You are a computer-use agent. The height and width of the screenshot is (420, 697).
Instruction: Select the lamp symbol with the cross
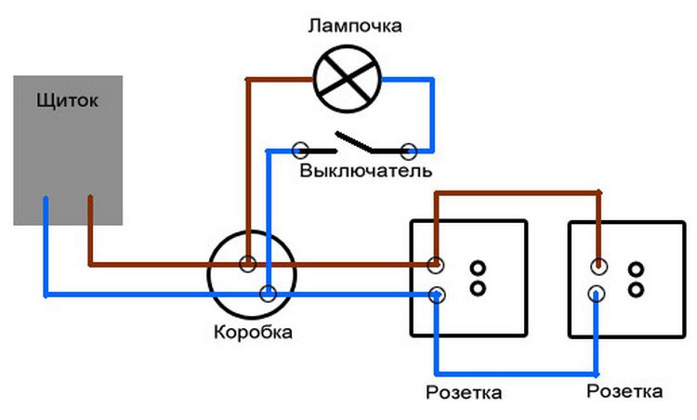pos(346,78)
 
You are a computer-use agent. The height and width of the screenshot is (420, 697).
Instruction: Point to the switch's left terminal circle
pos(300,149)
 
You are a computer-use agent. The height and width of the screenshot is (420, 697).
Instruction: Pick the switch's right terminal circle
pos(407,149)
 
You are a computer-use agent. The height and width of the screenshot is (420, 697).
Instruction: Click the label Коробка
pos(251,332)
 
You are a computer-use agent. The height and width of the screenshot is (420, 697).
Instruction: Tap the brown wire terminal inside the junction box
pos(248,264)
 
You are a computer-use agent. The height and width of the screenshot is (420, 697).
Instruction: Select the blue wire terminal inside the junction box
pos(268,295)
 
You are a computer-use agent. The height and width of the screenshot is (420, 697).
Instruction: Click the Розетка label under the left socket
pos(463,392)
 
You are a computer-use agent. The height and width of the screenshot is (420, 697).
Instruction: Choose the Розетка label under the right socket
pos(625,389)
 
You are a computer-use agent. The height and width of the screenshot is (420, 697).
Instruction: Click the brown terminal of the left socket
pos(436,265)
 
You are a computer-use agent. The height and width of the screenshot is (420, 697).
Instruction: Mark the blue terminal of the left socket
pos(436,296)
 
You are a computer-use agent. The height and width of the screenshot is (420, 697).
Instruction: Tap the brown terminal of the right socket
pos(598,267)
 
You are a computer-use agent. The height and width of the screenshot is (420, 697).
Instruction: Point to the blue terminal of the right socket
pos(598,295)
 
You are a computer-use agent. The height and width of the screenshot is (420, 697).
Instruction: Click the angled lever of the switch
pos(354,141)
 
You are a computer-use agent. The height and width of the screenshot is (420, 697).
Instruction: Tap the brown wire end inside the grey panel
pos(90,201)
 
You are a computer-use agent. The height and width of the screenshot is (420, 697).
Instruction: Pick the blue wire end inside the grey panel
pos(46,202)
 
